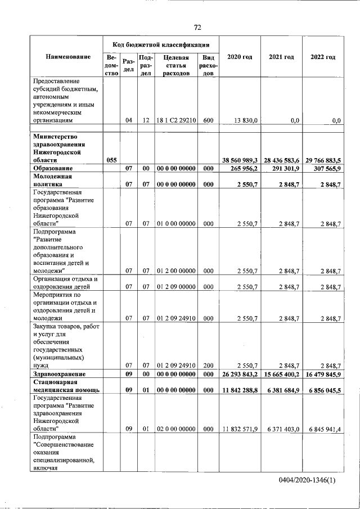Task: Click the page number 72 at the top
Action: pos(197,27)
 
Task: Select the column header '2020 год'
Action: pos(240,57)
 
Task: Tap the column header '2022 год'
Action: pos(323,57)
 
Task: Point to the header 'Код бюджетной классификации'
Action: pos(161,44)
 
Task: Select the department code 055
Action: pos(111,160)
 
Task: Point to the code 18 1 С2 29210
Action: pos(176,120)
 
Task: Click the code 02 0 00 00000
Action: pos(176,429)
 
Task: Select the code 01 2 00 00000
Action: pos(176,271)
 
